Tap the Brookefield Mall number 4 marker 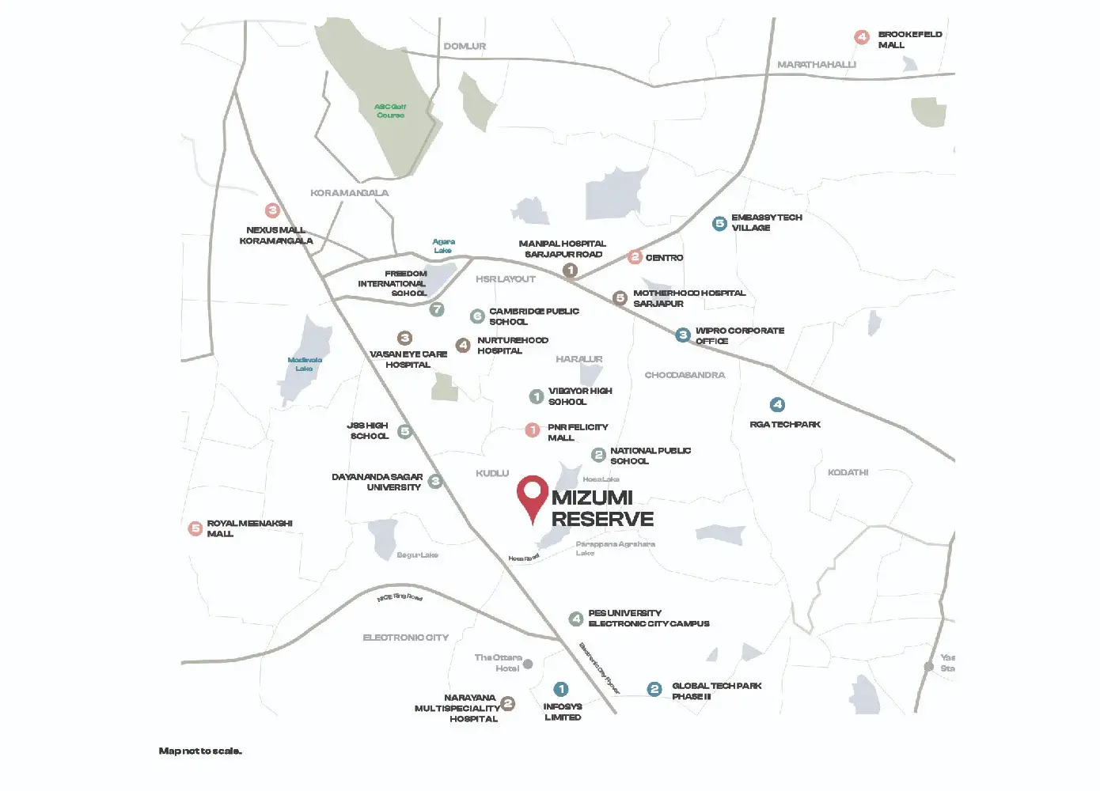tap(862, 37)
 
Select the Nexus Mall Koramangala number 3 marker tap(272, 210)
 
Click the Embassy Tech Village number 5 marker tap(719, 224)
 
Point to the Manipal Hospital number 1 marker tap(570, 271)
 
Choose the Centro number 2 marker tap(635, 257)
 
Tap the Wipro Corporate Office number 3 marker tap(683, 335)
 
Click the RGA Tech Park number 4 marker tap(777, 405)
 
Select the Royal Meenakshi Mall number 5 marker tap(195, 528)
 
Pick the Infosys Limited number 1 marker tap(561, 689)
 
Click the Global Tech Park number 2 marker tap(654, 689)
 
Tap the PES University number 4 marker tap(576, 619)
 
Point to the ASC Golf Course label tap(390, 111)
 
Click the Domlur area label tap(465, 47)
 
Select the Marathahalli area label tap(816, 65)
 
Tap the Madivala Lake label tap(305, 364)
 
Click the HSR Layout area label tap(506, 279)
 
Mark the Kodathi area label tap(848, 472)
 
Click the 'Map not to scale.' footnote tap(200, 751)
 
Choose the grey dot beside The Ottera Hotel tap(528, 664)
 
